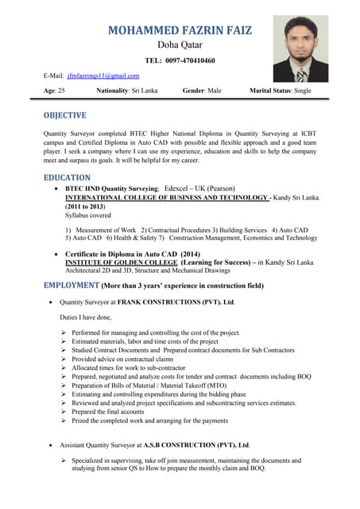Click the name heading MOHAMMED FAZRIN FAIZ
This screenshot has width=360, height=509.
tap(180, 30)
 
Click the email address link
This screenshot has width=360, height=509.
tap(103, 76)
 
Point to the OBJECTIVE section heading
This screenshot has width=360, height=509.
tap(71, 115)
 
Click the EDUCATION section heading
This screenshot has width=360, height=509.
tap(68, 177)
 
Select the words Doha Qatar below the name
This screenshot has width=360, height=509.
tap(180, 45)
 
